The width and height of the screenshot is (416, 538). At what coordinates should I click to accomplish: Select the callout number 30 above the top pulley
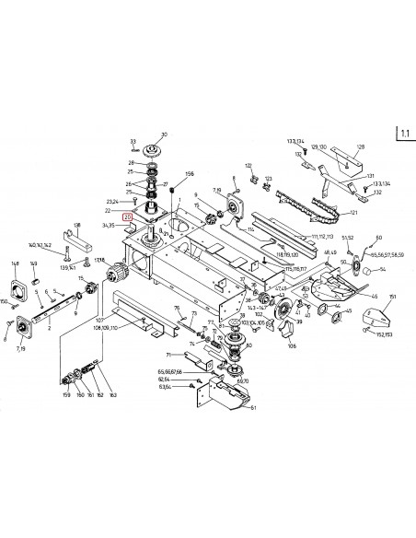(x=164, y=134)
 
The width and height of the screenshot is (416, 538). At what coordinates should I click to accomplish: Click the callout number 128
(x=361, y=147)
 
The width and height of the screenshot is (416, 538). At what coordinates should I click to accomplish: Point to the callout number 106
(x=292, y=348)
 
